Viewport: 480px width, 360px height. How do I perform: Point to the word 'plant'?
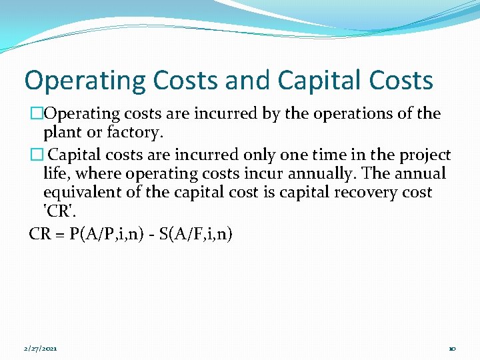pyautogui.click(x=62, y=132)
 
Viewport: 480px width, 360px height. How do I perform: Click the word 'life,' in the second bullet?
pyautogui.click(x=58, y=174)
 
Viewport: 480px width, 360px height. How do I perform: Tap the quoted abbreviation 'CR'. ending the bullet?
pyautogui.click(x=58, y=211)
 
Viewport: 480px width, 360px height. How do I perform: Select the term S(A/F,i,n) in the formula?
pyautogui.click(x=197, y=235)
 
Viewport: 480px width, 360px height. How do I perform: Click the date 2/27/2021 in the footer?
pyautogui.click(x=41, y=348)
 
